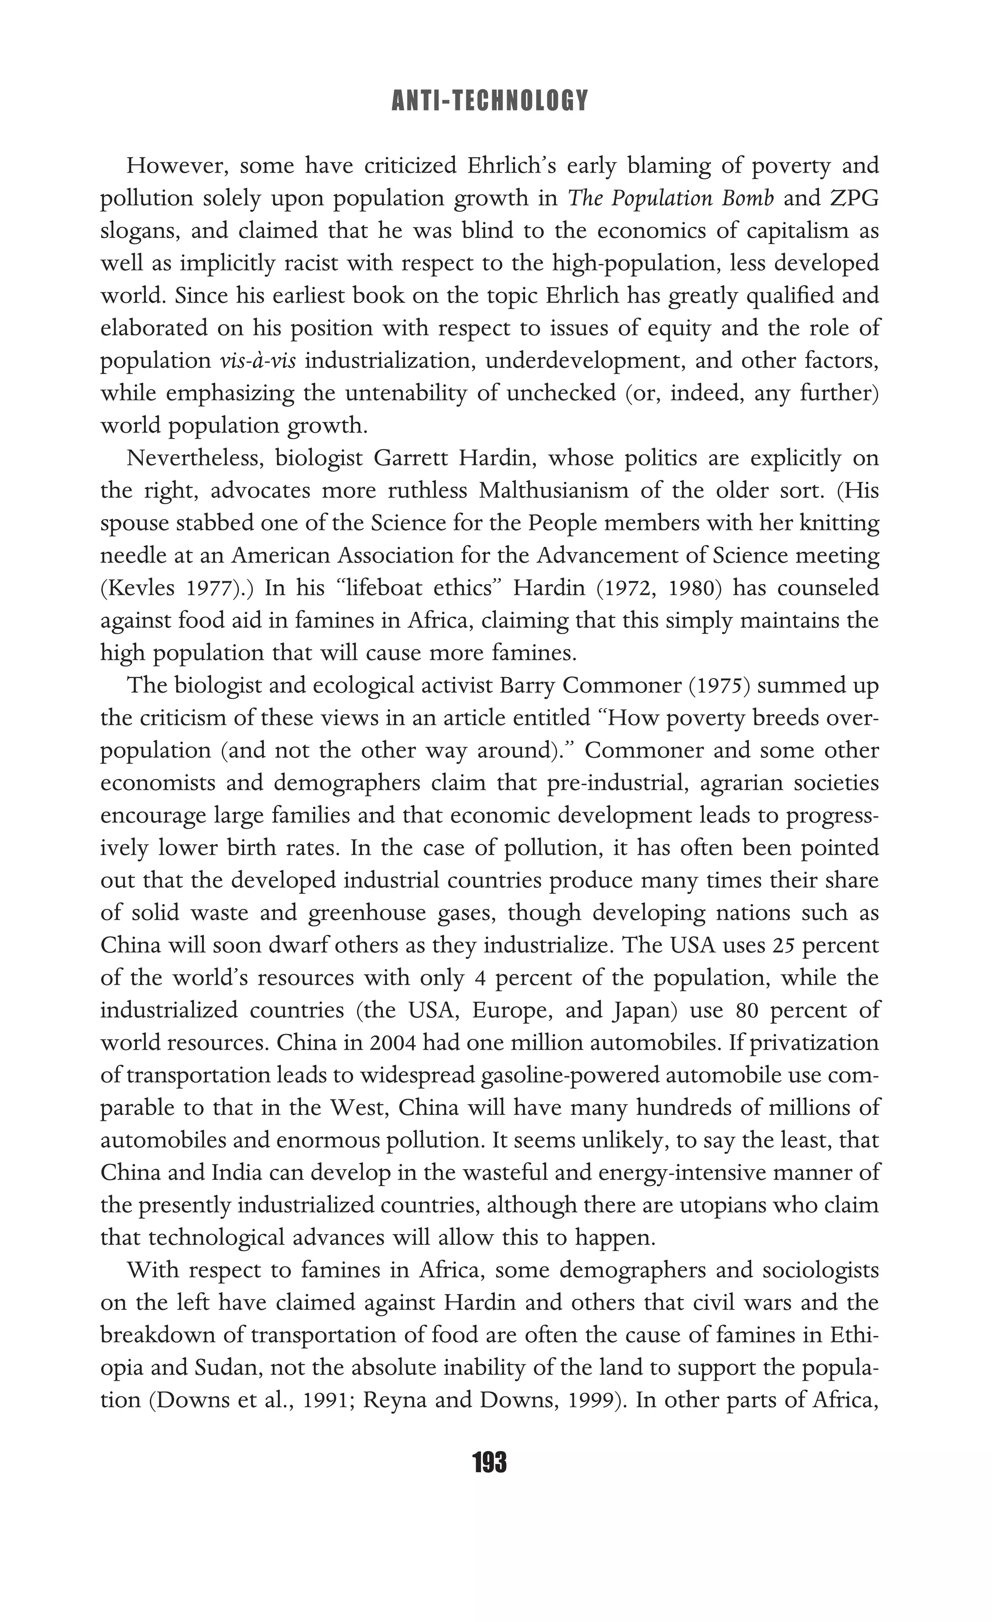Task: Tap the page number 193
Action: (489, 1463)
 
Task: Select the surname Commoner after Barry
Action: (621, 685)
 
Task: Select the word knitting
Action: (839, 524)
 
